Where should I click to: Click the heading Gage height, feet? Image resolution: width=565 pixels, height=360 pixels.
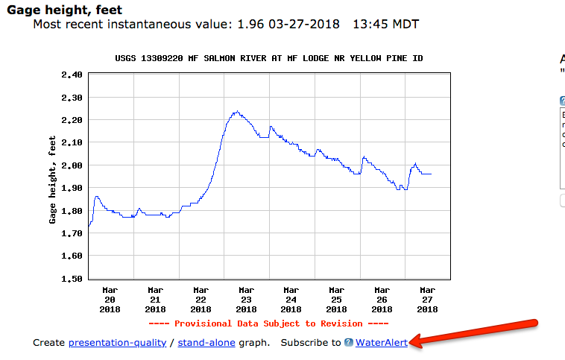click(x=64, y=10)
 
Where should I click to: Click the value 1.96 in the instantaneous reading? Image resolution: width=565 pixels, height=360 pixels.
click(x=250, y=25)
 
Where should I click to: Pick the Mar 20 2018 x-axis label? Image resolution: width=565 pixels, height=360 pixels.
click(x=110, y=299)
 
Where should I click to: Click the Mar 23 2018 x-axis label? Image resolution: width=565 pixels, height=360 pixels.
click(x=245, y=299)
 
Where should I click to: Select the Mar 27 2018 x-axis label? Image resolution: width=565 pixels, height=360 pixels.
click(x=427, y=299)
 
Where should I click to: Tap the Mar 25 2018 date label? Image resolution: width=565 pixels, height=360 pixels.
click(x=336, y=299)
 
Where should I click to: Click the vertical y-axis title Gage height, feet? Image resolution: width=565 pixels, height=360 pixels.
click(x=53, y=179)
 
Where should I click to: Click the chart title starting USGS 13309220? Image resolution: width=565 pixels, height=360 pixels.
click(x=270, y=58)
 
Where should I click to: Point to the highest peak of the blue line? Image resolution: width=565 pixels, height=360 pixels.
click(x=236, y=112)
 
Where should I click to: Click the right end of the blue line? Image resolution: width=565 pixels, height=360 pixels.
click(x=431, y=174)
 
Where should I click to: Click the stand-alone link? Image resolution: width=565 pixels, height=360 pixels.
click(x=208, y=342)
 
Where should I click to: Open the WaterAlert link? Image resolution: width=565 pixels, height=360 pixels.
click(x=381, y=342)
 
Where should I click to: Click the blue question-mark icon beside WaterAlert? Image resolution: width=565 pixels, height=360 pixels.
click(x=348, y=342)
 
